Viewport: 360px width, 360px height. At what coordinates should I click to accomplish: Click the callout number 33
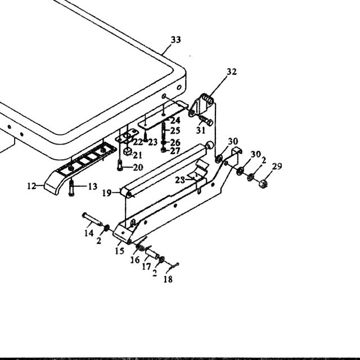(x=176, y=40)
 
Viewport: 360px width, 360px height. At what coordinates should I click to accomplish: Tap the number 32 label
(x=231, y=72)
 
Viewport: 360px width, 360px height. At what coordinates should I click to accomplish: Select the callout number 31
(x=201, y=130)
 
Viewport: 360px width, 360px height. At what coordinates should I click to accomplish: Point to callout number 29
(x=277, y=166)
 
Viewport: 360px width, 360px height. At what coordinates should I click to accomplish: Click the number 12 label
(x=31, y=186)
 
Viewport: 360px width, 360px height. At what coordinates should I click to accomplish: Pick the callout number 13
(x=92, y=186)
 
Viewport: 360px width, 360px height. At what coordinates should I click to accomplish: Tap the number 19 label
(x=107, y=193)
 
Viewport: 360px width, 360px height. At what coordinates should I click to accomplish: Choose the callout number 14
(x=89, y=233)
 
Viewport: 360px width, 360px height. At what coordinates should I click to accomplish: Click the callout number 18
(x=168, y=279)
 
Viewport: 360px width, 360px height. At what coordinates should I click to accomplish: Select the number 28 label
(x=180, y=180)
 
